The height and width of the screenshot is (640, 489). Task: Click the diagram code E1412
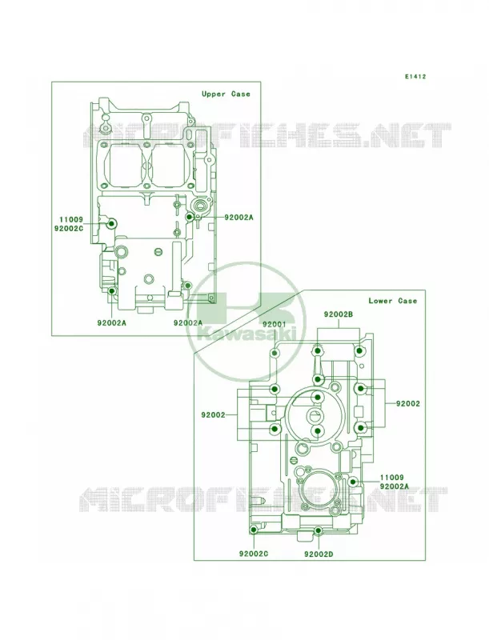pos(415,76)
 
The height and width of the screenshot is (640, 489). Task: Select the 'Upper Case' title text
pos(226,94)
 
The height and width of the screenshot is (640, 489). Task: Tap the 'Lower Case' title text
pos(393,301)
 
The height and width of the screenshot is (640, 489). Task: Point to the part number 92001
pos(275,325)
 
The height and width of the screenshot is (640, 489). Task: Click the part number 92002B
pos(339,314)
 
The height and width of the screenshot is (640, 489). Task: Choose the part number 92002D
pos(319,554)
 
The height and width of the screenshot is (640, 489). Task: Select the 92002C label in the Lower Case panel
pos(254,554)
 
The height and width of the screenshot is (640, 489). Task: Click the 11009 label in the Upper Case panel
pos(71,219)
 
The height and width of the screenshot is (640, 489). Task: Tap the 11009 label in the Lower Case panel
pos(392,478)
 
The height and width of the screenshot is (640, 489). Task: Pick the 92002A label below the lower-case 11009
pos(395,486)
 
